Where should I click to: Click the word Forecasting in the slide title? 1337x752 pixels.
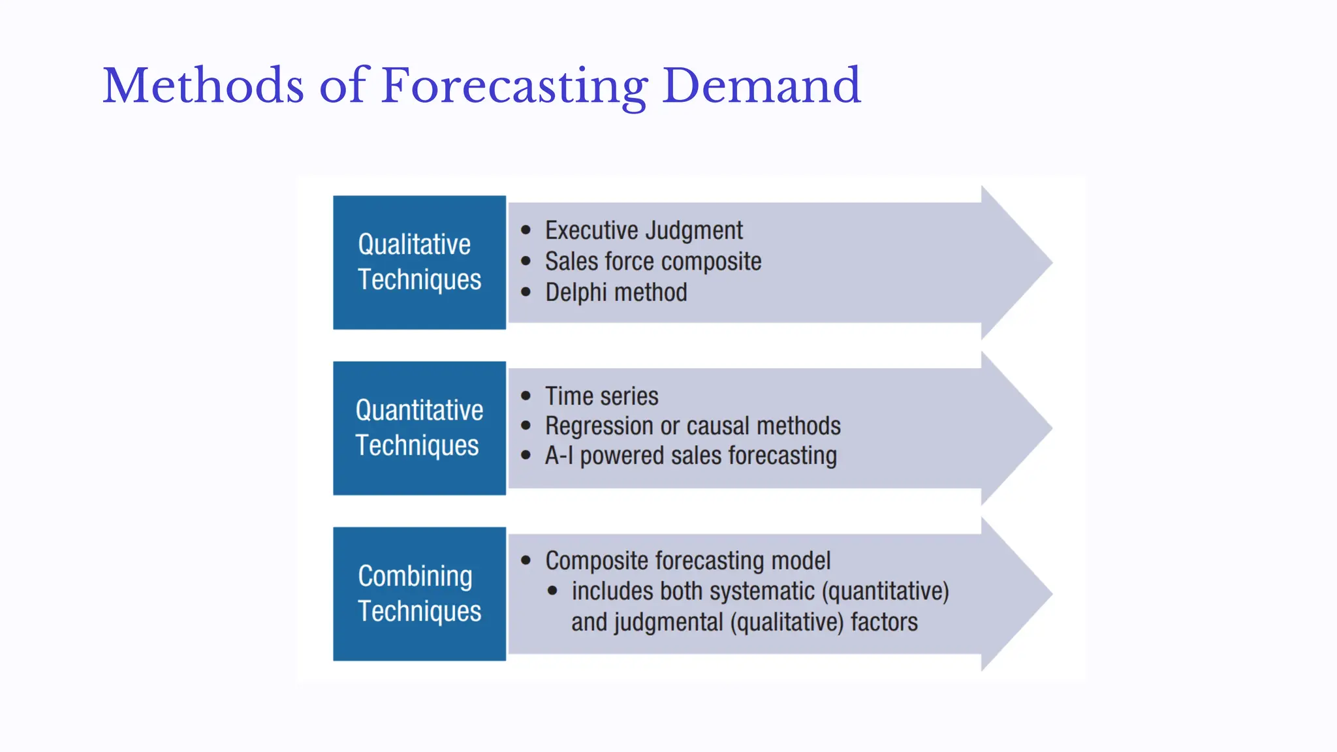pyautogui.click(x=514, y=86)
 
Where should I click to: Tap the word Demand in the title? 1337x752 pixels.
pyautogui.click(x=761, y=86)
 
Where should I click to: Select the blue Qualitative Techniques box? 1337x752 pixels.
pyautogui.click(x=419, y=262)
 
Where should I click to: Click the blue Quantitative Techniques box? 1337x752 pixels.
pyautogui.click(x=419, y=428)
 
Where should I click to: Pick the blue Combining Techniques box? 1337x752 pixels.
pyautogui.click(x=419, y=594)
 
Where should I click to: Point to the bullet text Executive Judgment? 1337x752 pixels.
pyautogui.click(x=644, y=230)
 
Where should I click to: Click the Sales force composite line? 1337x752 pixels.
pyautogui.click(x=653, y=262)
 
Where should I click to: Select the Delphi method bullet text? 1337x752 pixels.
pyautogui.click(x=616, y=292)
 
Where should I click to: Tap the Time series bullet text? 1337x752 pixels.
pyautogui.click(x=601, y=396)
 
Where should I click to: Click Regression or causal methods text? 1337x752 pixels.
pyautogui.click(x=693, y=426)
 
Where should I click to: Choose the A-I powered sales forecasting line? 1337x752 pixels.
pyautogui.click(x=691, y=456)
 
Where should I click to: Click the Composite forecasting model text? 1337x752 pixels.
pyautogui.click(x=687, y=561)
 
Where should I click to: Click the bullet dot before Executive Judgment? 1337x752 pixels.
pyautogui.click(x=526, y=230)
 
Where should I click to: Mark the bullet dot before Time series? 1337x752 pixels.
pyautogui.click(x=526, y=396)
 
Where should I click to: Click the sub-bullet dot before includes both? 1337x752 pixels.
pyautogui.click(x=553, y=591)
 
